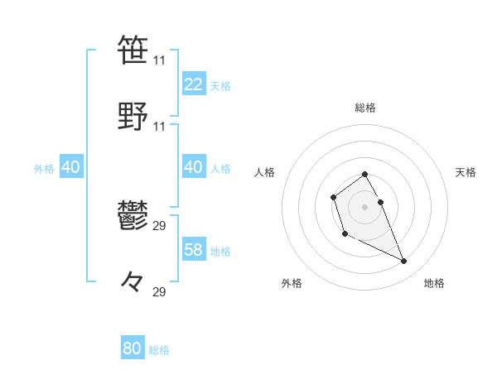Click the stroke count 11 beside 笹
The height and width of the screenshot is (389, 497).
159,60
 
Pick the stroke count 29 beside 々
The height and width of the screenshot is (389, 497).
159,292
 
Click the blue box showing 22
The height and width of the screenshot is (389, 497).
193,84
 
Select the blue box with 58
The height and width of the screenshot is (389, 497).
193,250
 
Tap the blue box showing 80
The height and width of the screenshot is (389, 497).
132,348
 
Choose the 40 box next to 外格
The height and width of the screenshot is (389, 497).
70,167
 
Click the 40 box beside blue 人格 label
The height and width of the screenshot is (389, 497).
193,167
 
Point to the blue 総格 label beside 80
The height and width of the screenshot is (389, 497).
159,350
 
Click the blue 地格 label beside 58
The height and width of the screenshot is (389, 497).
220,252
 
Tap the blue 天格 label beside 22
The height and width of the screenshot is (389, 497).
220,86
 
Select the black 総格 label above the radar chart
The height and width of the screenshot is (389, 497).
364,108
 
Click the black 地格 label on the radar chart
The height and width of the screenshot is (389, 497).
434,283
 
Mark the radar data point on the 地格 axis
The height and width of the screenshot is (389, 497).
404,262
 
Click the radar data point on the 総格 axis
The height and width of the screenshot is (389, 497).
364,175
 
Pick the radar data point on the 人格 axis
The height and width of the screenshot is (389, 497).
333,197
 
